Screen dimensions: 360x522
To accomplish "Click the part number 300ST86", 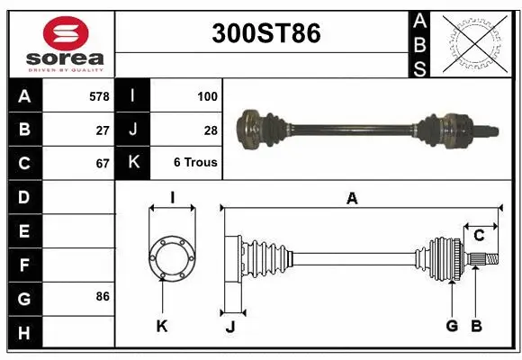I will point(265,34).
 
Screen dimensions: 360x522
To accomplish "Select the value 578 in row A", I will point(99,94).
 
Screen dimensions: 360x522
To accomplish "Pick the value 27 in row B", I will point(102,129).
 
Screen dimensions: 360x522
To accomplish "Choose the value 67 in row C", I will point(102,164).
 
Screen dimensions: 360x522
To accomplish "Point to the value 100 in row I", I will point(206,94).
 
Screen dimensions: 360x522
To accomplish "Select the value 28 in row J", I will point(211,129).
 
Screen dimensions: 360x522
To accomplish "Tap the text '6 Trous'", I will point(196,164).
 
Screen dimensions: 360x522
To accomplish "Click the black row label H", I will point(23,333).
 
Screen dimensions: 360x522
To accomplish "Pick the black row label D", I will point(23,197).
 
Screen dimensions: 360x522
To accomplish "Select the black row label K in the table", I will point(133,164).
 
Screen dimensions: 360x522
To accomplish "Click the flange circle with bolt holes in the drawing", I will point(171,257).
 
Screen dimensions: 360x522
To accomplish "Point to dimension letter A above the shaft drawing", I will point(352,199).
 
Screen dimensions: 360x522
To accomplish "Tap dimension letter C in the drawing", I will point(479,236).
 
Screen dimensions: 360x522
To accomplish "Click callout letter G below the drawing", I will point(452,326).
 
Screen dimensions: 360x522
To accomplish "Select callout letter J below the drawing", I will point(230,327).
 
